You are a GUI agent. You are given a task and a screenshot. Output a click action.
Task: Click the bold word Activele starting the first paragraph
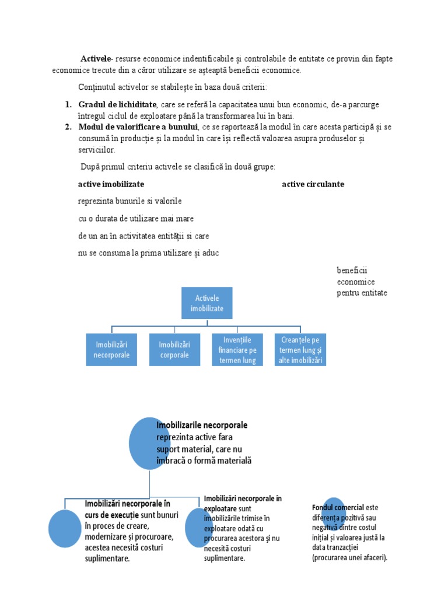coord(97,59)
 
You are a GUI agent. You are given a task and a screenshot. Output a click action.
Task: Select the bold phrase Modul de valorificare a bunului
coord(138,127)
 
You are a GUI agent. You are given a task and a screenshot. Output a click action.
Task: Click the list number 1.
coord(67,104)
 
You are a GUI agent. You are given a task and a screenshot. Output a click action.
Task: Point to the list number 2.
coord(67,127)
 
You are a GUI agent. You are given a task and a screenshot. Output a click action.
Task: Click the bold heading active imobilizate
coord(111,184)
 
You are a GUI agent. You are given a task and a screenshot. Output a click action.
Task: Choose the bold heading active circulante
coord(313,184)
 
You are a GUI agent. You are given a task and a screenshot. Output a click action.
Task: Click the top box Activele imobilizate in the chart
coord(206,303)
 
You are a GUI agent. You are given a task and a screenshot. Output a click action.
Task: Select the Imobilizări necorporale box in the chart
coord(111,349)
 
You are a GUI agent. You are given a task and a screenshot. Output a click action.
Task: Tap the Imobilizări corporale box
coord(174,349)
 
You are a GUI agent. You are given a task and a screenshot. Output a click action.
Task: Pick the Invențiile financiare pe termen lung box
coord(237,350)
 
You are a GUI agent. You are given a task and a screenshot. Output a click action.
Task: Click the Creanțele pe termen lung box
coord(300,350)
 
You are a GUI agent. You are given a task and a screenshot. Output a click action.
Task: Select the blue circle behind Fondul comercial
coord(333,516)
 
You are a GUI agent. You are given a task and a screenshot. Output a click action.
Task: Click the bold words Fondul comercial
coord(338,508)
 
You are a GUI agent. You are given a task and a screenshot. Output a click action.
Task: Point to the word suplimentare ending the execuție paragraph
coord(107,559)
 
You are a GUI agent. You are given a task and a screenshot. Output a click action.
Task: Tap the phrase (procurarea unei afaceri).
coord(349,557)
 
